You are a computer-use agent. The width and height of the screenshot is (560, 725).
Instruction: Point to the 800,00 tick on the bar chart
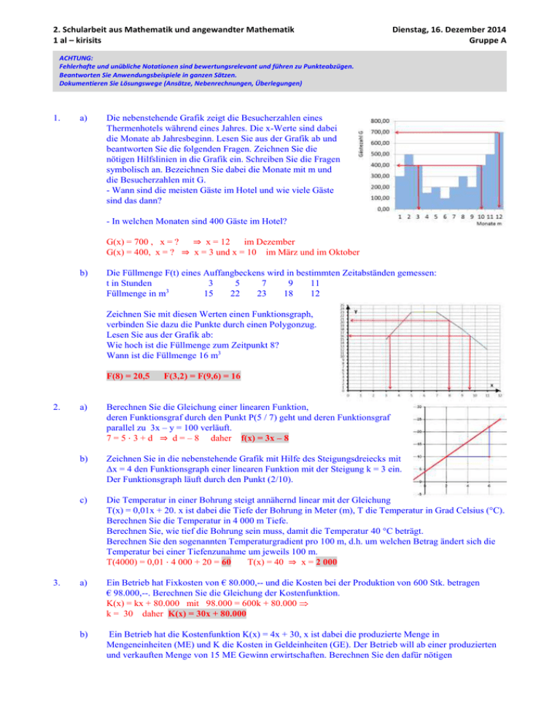(x=381, y=121)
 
